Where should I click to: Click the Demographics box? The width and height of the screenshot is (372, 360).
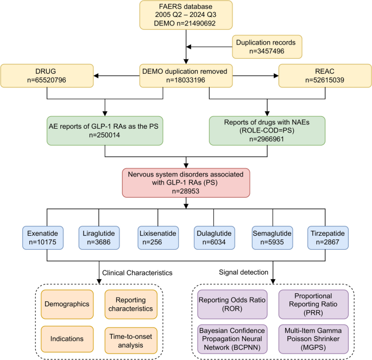click(66, 304)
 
